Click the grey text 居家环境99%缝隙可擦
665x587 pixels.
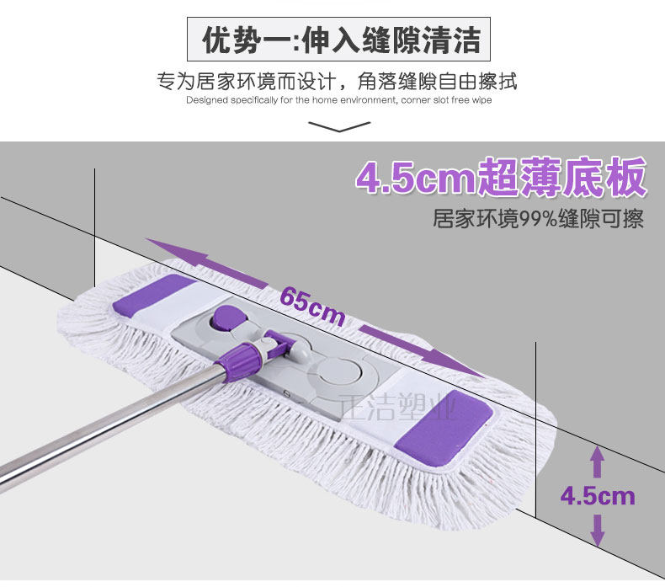click(x=538, y=220)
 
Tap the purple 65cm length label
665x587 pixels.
click(x=312, y=305)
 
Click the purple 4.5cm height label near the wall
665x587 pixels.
click(x=598, y=495)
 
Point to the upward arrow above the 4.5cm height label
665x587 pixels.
click(x=598, y=462)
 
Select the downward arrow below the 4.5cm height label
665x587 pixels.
click(x=598, y=529)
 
